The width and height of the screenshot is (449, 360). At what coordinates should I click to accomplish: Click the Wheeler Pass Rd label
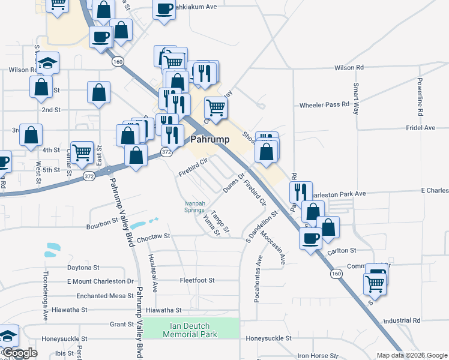click(324, 104)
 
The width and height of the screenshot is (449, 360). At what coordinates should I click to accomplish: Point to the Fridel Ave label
click(420, 128)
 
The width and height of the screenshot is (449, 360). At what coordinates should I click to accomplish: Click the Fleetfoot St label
click(197, 280)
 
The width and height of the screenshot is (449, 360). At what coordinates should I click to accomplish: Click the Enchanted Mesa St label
click(104, 296)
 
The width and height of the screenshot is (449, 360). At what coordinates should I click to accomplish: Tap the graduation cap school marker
click(47, 62)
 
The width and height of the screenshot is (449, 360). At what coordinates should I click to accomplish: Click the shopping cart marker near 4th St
click(82, 151)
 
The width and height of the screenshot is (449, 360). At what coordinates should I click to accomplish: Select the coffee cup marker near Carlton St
click(310, 238)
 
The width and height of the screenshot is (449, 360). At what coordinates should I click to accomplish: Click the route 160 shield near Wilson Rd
click(117, 61)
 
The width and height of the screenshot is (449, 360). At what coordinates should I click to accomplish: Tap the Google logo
click(20, 353)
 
